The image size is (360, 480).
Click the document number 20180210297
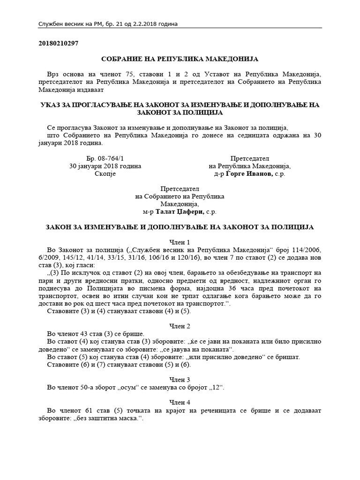[x=58, y=44]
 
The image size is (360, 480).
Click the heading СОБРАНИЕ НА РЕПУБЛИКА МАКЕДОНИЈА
[x=180, y=59]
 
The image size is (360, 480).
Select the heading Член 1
[x=180, y=242]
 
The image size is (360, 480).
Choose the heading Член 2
[x=180, y=326]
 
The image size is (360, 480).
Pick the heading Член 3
[x=180, y=379]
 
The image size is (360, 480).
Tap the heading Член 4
[x=180, y=402]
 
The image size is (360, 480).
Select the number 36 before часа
[x=265, y=288]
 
